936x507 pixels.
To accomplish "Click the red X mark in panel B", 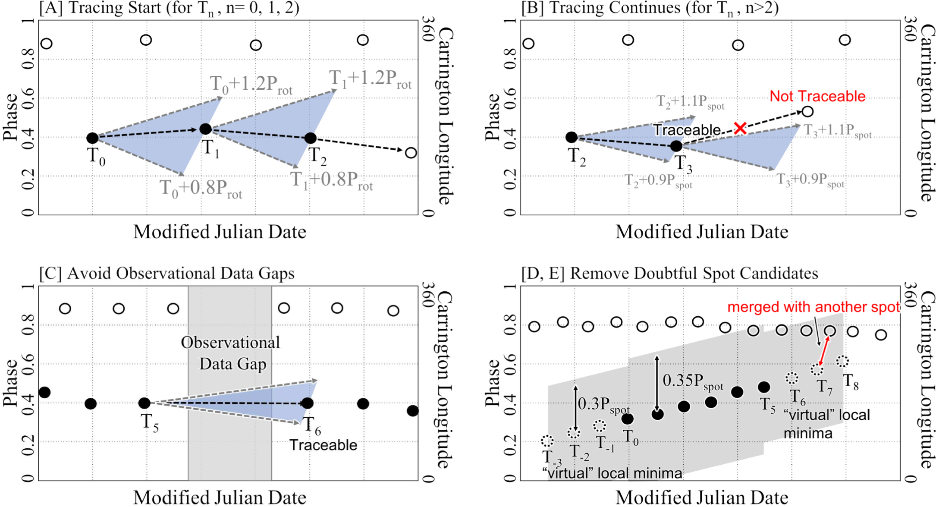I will click(x=740, y=128).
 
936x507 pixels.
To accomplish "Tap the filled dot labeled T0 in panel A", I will click(x=92, y=138).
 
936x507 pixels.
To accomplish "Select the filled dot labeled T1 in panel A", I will click(x=206, y=129).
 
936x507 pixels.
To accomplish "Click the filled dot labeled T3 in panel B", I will click(x=676, y=146).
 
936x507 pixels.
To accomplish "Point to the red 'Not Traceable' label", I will click(x=817, y=96).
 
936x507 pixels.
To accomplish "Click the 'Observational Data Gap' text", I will click(x=231, y=353).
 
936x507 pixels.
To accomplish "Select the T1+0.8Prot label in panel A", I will click(x=331, y=180).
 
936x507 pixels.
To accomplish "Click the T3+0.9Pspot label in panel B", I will click(x=810, y=180).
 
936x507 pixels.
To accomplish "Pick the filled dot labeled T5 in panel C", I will click(x=144, y=403).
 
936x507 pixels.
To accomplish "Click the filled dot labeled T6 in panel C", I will click(x=307, y=403).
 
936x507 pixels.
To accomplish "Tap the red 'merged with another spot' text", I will click(x=814, y=307).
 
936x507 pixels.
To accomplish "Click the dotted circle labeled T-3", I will click(x=547, y=441).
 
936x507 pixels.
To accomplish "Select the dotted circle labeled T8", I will click(x=842, y=361).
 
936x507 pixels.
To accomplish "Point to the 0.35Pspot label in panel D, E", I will click(x=693, y=381).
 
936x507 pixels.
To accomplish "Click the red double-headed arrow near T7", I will click(x=823, y=350).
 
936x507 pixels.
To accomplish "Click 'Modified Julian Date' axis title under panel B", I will click(x=701, y=232).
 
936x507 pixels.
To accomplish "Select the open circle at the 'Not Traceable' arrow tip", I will click(x=807, y=111).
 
